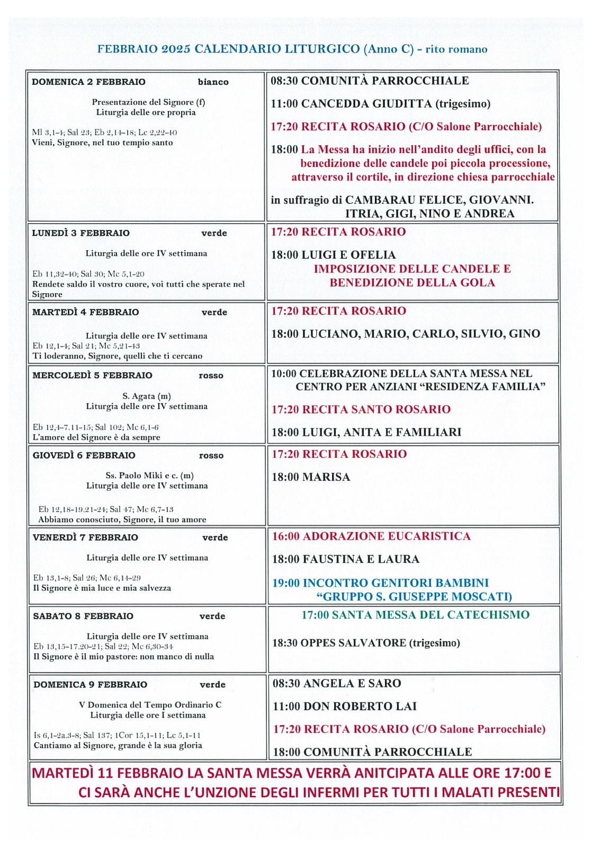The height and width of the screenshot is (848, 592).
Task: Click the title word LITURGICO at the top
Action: click(322, 49)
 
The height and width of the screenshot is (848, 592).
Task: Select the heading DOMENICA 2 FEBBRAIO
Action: click(88, 82)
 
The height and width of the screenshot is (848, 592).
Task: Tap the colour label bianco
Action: click(213, 82)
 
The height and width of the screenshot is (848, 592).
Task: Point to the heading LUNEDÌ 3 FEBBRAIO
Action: click(80, 233)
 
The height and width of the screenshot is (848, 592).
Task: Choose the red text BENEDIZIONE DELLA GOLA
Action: click(412, 283)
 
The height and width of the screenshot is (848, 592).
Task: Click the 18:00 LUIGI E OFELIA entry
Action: click(333, 255)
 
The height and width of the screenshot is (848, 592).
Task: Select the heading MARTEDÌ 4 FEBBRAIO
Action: click(85, 312)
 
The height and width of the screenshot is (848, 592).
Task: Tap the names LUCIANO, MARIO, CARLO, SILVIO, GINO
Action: click(420, 334)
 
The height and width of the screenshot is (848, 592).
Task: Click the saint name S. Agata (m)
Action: click(147, 396)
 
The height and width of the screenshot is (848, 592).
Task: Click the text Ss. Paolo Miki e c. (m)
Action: click(149, 475)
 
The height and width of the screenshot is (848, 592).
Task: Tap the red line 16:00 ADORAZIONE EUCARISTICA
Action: click(371, 536)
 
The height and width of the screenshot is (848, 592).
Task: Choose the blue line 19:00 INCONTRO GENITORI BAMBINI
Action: click(380, 583)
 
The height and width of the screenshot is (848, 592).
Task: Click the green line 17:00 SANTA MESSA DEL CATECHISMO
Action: click(415, 615)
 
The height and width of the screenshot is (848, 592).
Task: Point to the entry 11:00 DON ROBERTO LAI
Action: click(344, 706)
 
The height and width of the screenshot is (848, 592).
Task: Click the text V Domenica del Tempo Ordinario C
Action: click(150, 705)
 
